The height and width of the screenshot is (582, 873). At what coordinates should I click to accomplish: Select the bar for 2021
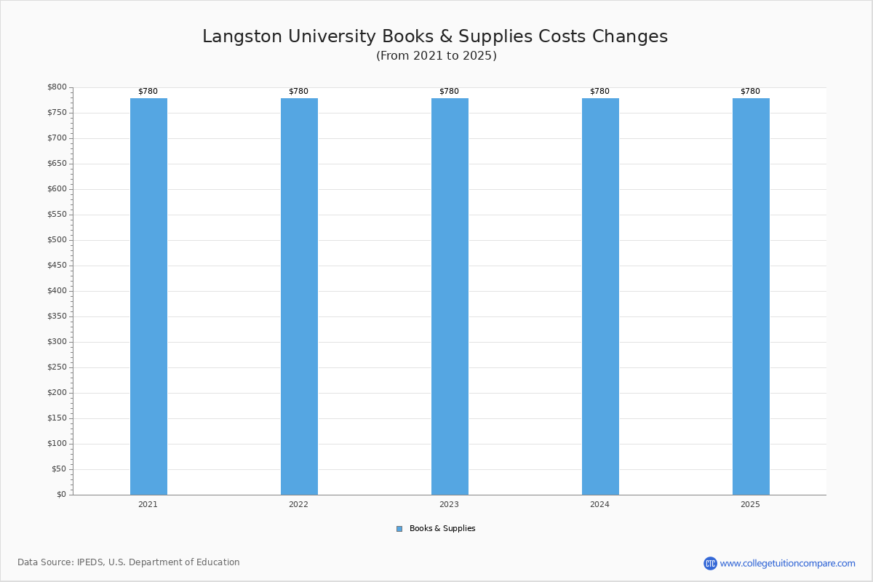click(148, 296)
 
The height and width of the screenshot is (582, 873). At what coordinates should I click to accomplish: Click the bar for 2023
click(450, 296)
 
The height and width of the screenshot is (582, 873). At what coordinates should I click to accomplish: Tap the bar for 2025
click(751, 296)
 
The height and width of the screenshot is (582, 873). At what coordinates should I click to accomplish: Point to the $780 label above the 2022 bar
click(298, 92)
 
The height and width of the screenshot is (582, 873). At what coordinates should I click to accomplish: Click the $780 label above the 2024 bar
click(599, 92)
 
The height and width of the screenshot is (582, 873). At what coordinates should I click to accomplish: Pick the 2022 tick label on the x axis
click(298, 504)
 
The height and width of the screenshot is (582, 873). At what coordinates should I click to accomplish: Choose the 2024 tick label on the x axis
click(599, 504)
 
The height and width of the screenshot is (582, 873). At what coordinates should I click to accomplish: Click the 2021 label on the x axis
click(148, 504)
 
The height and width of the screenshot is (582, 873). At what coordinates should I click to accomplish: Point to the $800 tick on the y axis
click(57, 87)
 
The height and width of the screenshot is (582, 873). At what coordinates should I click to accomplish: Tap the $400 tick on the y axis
click(57, 291)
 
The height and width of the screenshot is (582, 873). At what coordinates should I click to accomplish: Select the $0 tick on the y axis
click(61, 495)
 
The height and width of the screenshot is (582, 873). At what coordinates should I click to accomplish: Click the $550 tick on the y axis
click(57, 215)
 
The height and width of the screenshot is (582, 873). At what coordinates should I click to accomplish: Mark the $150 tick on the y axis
click(57, 418)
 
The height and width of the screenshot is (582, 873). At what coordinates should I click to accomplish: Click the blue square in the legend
click(399, 529)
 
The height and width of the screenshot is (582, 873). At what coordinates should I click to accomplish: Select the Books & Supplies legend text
click(442, 529)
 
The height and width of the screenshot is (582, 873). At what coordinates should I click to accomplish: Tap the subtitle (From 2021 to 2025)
click(436, 56)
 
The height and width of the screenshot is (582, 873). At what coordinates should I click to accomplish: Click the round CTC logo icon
click(710, 563)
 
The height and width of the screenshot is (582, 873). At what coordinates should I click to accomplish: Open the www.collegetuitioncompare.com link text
click(788, 563)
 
